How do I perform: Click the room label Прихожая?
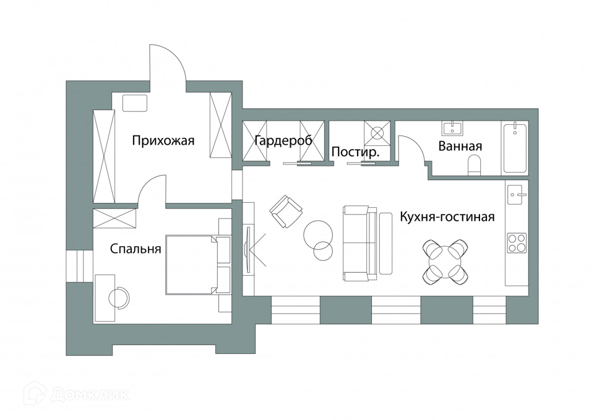pyautogui.click(x=163, y=141)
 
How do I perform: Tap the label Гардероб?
pyautogui.click(x=284, y=141)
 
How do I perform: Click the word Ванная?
pyautogui.click(x=460, y=147)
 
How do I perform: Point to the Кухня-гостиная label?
pyautogui.click(x=447, y=217)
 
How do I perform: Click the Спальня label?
pyautogui.click(x=136, y=249)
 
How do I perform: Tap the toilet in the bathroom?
pyautogui.click(x=475, y=165)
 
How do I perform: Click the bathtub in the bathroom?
pyautogui.click(x=515, y=148)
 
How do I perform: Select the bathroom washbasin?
pyautogui.click(x=452, y=129)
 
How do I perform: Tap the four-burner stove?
pyautogui.click(x=517, y=242)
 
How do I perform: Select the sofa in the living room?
pyautogui.click(x=359, y=244)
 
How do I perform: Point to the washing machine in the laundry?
pyautogui.click(x=377, y=132)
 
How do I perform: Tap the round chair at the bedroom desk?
pyautogui.click(x=119, y=298)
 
